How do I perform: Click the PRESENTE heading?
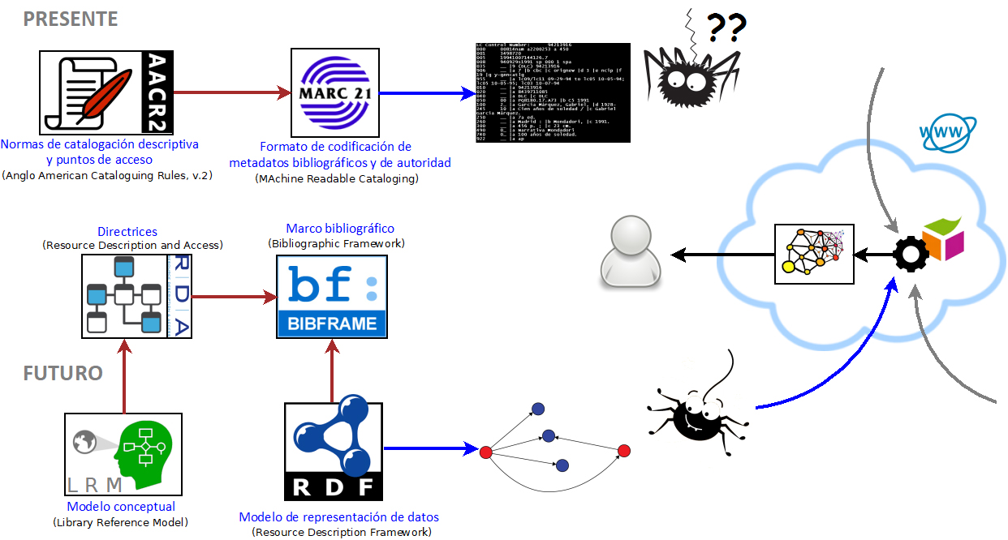[71, 19]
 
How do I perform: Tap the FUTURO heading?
[62, 374]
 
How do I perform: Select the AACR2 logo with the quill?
[107, 93]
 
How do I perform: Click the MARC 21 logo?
[335, 93]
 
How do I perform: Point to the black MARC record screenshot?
[552, 93]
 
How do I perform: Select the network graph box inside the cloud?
[814, 255]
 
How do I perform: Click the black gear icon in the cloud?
[910, 254]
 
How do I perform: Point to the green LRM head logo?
[123, 454]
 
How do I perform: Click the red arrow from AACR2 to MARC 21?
[232, 93]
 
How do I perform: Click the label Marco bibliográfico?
[340, 229]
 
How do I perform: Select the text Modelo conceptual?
[120, 507]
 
